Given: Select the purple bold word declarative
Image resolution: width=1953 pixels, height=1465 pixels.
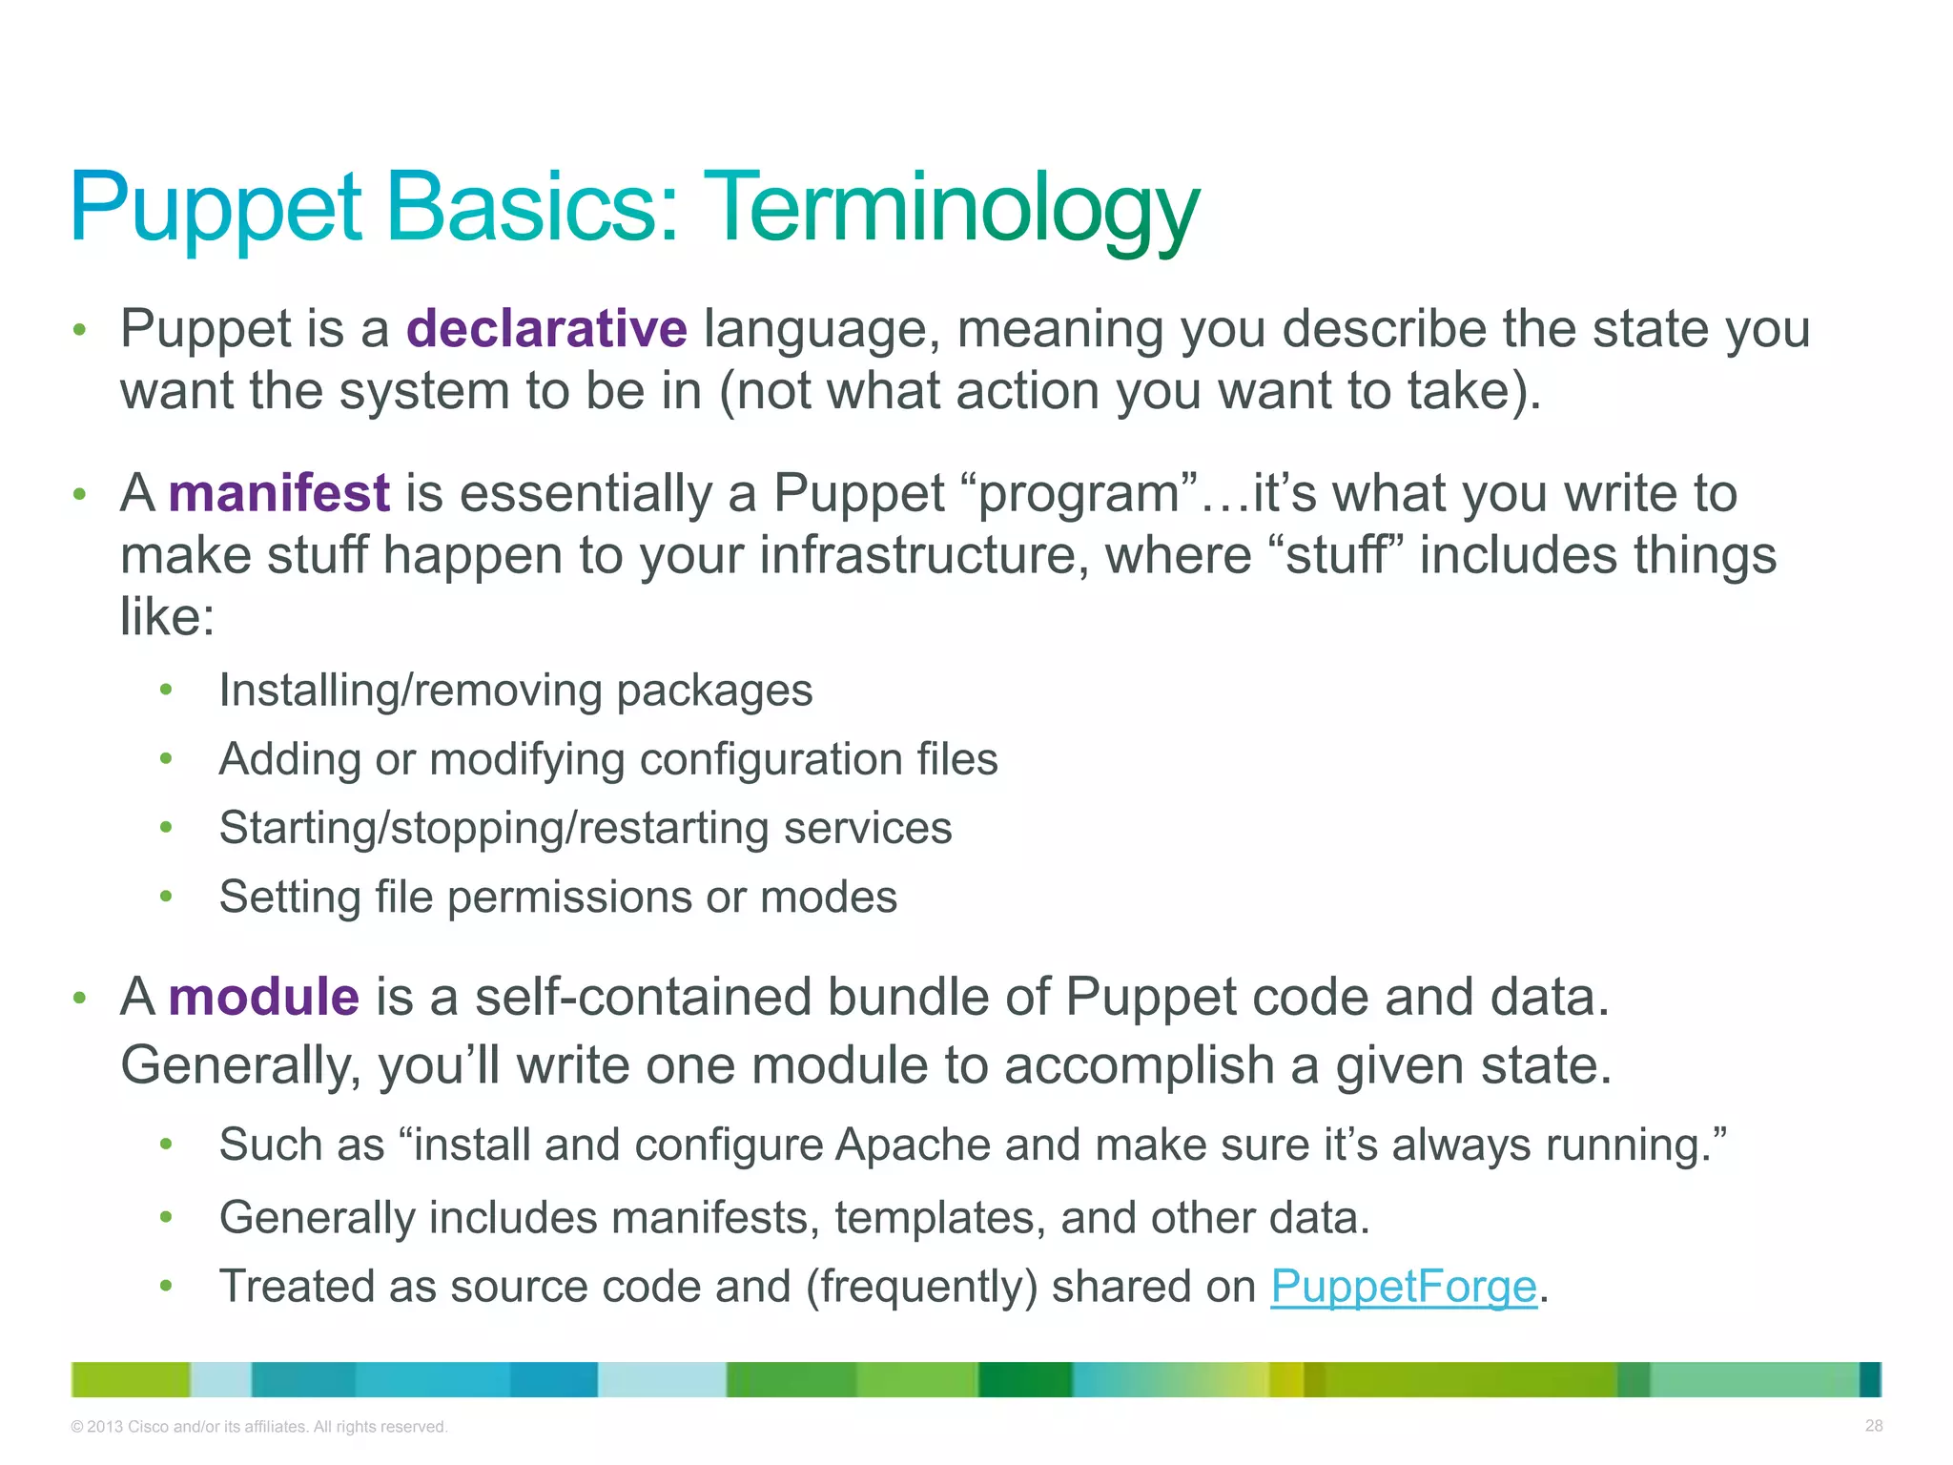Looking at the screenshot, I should [x=546, y=329].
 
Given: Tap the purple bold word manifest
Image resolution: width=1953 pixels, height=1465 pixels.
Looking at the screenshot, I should [x=278, y=494].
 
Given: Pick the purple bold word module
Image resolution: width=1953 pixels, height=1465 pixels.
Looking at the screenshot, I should [x=264, y=998].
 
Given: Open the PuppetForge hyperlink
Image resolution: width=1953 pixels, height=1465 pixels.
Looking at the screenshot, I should [x=1404, y=1287].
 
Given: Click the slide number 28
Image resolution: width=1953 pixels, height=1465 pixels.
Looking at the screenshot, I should [x=1873, y=1426].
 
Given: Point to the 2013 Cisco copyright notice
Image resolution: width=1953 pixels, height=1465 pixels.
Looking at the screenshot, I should [x=259, y=1427].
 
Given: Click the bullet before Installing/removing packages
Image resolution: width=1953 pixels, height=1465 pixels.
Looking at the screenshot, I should [x=166, y=690].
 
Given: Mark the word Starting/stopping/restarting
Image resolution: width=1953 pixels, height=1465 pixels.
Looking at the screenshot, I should [x=493, y=829].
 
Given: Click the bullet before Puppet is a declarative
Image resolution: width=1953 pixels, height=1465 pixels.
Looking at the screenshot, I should [x=80, y=330].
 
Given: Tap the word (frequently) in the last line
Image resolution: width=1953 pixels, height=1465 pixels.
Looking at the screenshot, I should [x=921, y=1287].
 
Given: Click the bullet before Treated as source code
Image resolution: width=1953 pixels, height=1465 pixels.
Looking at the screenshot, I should [x=166, y=1286].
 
